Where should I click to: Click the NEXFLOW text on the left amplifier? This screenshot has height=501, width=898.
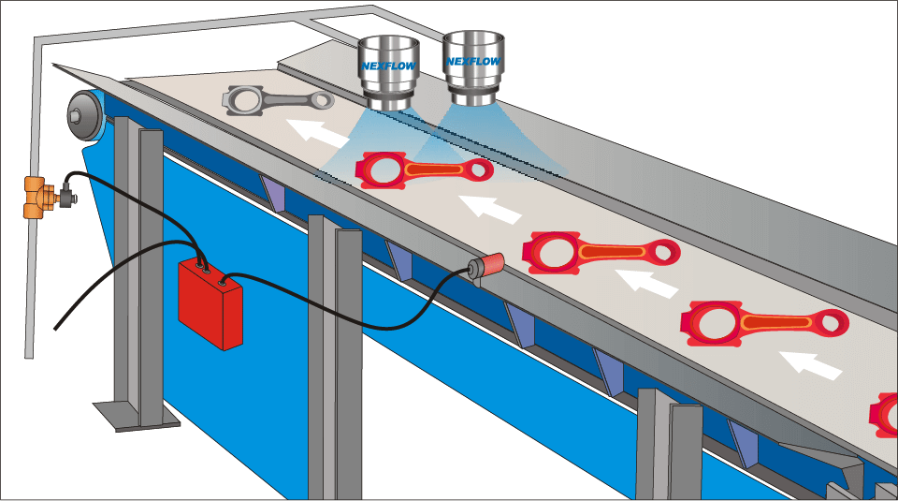pos(389,66)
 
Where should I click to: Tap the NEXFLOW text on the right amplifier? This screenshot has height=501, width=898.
pos(473,61)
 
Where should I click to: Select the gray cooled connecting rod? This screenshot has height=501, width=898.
pos(278,100)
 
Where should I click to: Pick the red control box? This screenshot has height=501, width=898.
pos(210,303)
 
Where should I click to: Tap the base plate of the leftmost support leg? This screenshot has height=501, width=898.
pos(137,416)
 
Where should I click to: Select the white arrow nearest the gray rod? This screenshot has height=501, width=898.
pos(318,131)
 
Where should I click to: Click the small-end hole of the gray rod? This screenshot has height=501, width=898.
pos(325,100)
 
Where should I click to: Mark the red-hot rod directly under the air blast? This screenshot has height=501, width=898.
pos(424,170)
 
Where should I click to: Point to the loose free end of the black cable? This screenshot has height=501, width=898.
pos(55,329)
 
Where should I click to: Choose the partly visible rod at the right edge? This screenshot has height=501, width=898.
pos(884,415)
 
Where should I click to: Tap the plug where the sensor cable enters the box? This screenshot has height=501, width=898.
pos(223,282)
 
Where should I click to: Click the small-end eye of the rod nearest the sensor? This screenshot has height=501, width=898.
pos(664,251)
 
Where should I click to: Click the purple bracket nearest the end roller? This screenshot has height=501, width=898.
pos(273,193)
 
